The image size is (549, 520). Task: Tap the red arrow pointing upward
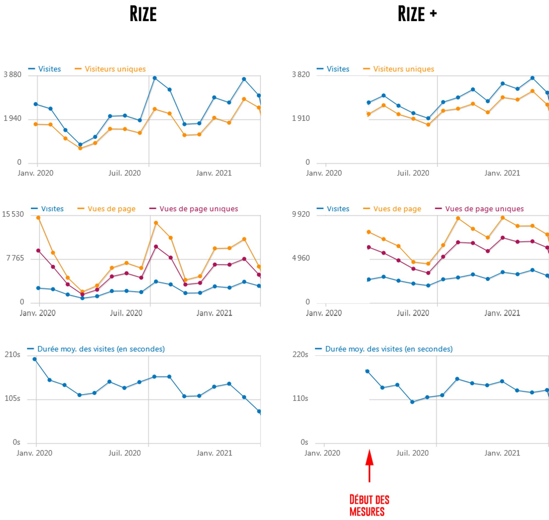(369, 466)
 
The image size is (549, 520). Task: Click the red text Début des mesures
(369, 505)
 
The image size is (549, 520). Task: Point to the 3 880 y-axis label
(12, 74)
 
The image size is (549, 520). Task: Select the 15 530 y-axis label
(13, 214)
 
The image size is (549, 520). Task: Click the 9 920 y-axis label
(301, 214)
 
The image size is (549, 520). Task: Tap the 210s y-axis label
(12, 355)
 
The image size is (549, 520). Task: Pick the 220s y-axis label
(300, 355)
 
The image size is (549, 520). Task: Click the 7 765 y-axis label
(15, 258)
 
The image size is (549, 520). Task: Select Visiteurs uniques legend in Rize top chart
(115, 69)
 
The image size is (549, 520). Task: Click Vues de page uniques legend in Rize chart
(198, 209)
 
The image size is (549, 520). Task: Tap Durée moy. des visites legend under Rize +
(389, 349)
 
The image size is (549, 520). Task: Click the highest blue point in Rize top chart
(155, 78)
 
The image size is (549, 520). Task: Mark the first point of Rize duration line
(35, 359)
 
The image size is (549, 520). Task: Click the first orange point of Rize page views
(38, 218)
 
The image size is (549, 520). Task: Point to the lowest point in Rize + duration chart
(412, 402)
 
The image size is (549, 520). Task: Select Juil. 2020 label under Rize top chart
(125, 173)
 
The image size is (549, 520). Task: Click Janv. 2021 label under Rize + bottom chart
(502, 453)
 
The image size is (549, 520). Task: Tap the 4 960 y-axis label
(301, 258)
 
